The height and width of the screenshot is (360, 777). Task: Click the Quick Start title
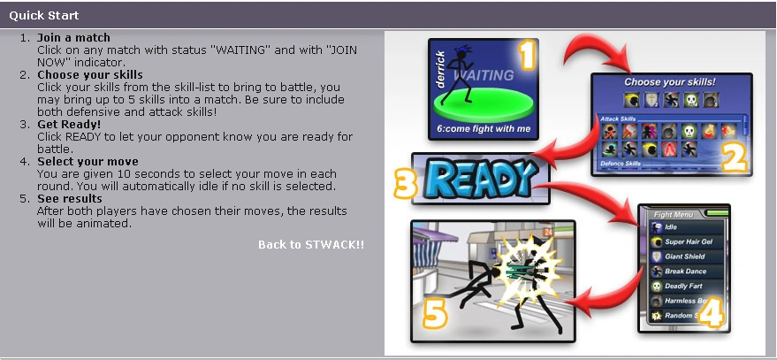coord(44,15)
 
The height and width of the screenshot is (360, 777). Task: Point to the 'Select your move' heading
coord(88,162)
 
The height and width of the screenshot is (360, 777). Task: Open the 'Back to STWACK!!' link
coord(310,244)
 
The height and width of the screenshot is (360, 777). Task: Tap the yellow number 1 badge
coord(527,56)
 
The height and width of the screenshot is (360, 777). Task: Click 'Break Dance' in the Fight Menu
coord(687,272)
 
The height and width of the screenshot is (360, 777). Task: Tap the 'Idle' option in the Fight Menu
coord(673,226)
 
